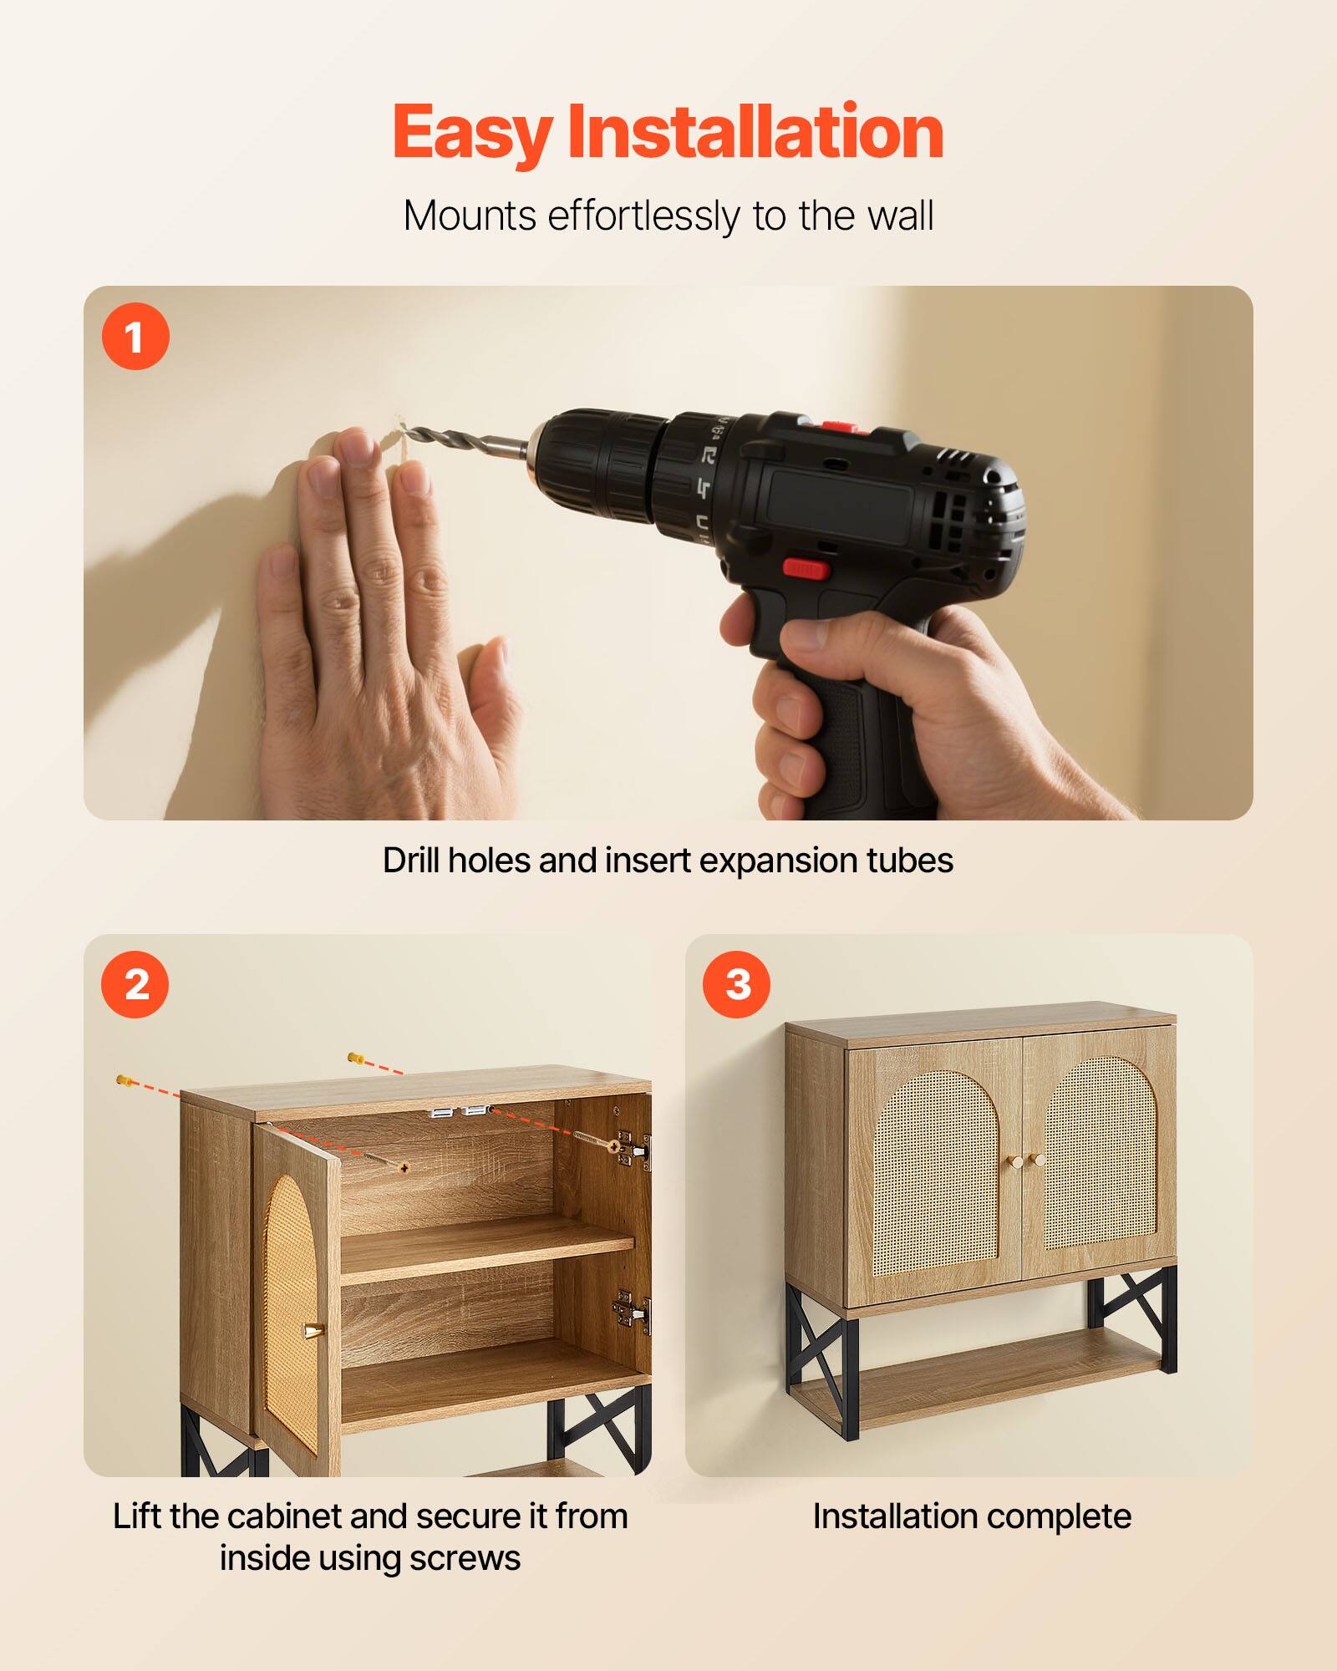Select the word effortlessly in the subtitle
643,216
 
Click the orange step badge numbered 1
135,337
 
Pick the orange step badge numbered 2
135,984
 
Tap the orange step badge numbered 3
736,984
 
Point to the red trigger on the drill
806,569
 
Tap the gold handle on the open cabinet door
312,1329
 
